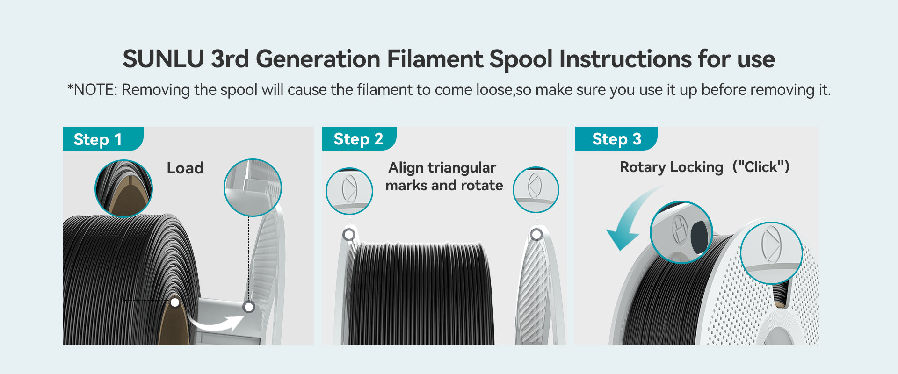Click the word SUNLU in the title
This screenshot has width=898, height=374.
coord(163,59)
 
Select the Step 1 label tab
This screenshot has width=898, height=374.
coord(103,139)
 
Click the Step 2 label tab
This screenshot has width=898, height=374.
coord(359,138)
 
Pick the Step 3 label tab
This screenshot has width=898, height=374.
coord(616,138)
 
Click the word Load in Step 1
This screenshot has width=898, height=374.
coord(185,168)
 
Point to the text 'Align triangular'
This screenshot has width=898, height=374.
coord(442,167)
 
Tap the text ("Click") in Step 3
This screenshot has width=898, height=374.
coord(761,166)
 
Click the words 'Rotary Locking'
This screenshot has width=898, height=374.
coord(671,167)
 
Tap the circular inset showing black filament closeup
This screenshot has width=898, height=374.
coord(123,188)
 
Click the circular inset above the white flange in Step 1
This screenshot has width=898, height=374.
coord(253,187)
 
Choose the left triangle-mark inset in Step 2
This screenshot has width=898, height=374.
coord(349,191)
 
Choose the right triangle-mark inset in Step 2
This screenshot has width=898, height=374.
coord(536,190)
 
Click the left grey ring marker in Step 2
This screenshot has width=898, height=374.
coord(349,234)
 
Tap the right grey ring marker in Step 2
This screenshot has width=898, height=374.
coord(536,234)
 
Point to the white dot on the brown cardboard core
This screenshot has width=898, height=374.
coord(175,302)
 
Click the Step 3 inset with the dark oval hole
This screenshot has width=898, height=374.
coord(681,232)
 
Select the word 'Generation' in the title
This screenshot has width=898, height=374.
coord(318,59)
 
